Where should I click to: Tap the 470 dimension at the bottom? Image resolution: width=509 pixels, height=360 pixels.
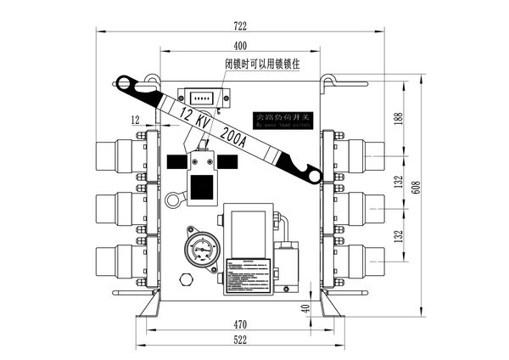coord(240,323)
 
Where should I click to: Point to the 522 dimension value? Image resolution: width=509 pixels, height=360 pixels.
coord(240,340)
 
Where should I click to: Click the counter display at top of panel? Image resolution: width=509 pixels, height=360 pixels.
coord(202,98)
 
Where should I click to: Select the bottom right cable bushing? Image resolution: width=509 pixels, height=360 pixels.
coord(363,256)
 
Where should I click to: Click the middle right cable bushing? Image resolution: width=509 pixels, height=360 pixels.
coord(363,205)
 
